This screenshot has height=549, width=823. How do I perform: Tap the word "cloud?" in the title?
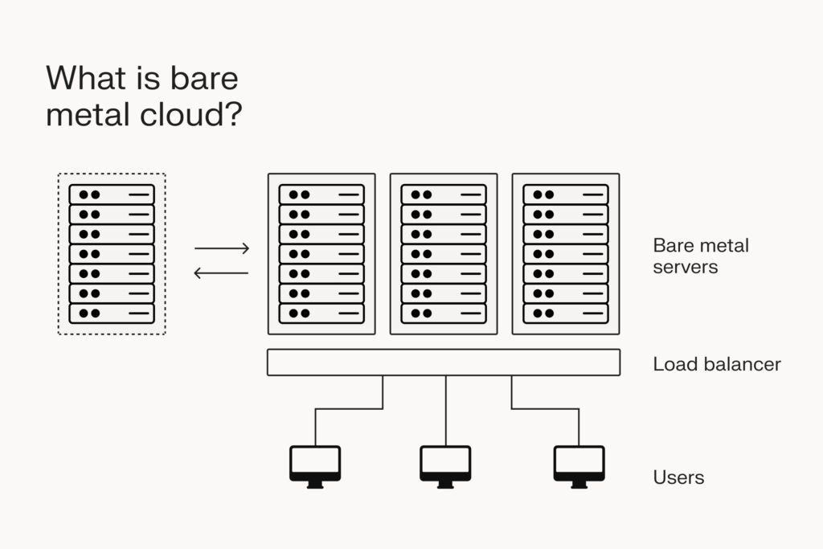point(193,114)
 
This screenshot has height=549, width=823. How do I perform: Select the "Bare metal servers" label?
point(700,256)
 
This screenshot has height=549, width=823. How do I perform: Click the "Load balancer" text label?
point(716,364)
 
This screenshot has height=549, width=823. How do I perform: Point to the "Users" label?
point(678,477)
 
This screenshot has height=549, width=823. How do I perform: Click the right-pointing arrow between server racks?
point(222,248)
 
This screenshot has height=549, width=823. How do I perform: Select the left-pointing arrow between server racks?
point(222,273)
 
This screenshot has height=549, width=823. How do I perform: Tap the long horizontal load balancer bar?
point(443,363)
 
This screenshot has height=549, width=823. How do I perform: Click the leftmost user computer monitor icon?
point(315,465)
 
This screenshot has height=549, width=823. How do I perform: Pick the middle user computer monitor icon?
point(445,465)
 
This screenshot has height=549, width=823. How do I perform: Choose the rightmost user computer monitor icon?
point(579,465)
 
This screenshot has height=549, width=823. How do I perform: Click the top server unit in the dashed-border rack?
point(111,195)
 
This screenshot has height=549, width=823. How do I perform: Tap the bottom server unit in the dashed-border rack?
point(111,313)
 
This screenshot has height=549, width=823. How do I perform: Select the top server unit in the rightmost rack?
point(565,195)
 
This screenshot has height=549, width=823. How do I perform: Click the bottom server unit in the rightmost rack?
point(565,313)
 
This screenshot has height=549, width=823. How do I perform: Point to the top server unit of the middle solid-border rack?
point(443,195)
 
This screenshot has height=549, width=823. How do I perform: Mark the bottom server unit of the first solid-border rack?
point(321,313)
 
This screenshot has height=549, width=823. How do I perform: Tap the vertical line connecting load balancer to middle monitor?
point(445,410)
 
